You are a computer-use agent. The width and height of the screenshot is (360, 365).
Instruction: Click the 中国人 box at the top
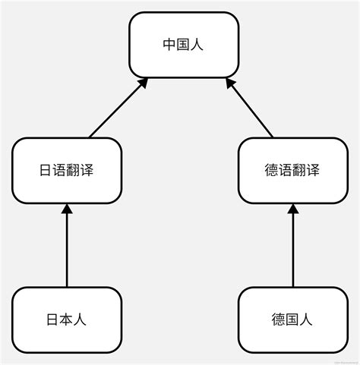pyautogui.click(x=183, y=45)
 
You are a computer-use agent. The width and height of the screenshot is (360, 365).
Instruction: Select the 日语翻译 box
pyautogui.click(x=67, y=170)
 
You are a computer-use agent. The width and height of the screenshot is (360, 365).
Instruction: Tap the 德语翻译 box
pyautogui.click(x=292, y=170)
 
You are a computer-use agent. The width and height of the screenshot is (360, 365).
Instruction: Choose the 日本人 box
pyautogui.click(x=67, y=319)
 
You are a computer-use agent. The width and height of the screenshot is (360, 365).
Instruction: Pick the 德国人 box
pyautogui.click(x=292, y=319)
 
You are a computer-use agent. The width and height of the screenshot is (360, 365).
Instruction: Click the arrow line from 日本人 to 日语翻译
pyautogui.click(x=67, y=250)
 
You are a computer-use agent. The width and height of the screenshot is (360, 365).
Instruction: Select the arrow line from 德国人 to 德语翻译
pyautogui.click(x=292, y=250)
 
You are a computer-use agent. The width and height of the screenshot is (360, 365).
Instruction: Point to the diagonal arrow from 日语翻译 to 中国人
pyautogui.click(x=117, y=109)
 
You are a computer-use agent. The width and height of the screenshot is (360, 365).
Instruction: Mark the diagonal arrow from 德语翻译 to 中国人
pyautogui.click(x=250, y=109)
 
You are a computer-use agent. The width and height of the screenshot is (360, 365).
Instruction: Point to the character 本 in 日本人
pyautogui.click(x=67, y=319)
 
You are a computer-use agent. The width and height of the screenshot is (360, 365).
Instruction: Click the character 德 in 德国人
pyautogui.click(x=279, y=319)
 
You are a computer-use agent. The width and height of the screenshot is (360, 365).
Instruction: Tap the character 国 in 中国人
pyautogui.click(x=183, y=45)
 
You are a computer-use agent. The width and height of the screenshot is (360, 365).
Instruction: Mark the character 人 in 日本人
pyautogui.click(x=81, y=319)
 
